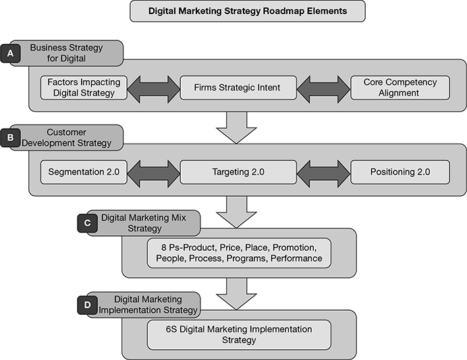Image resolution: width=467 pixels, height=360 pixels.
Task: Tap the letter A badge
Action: tap(11, 53)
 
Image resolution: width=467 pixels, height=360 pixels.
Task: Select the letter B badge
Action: tap(11, 137)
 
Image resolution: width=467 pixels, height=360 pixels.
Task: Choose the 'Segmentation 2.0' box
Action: tap(84, 172)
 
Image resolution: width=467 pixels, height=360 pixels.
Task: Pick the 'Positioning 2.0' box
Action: tap(400, 172)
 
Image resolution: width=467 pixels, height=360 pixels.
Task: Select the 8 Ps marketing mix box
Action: tap(240, 252)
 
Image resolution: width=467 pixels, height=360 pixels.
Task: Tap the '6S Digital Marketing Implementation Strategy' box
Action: tap(240, 334)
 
